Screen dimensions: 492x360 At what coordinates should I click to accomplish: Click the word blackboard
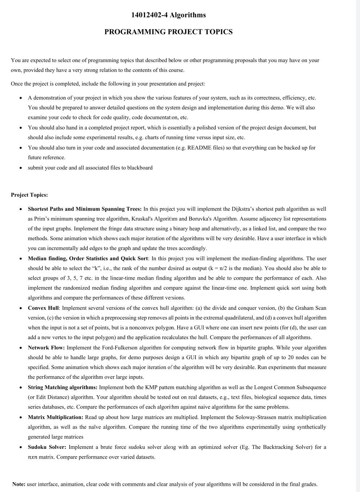pyautogui.click(x=140, y=168)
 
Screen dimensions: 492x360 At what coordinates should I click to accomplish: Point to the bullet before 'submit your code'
pyautogui.click(x=21, y=168)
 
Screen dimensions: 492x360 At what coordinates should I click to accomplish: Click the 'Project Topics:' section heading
pyautogui.click(x=29, y=195)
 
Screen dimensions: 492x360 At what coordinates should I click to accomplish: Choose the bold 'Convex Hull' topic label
pyautogui.click(x=43, y=308)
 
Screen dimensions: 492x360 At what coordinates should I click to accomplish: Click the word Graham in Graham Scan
pyautogui.click(x=304, y=308)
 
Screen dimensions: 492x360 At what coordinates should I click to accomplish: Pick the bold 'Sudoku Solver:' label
pyautogui.click(x=47, y=447)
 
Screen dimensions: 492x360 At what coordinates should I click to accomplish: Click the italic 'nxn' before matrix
pyautogui.click(x=32, y=457)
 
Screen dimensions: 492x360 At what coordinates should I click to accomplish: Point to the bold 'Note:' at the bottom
pyautogui.click(x=19, y=484)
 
